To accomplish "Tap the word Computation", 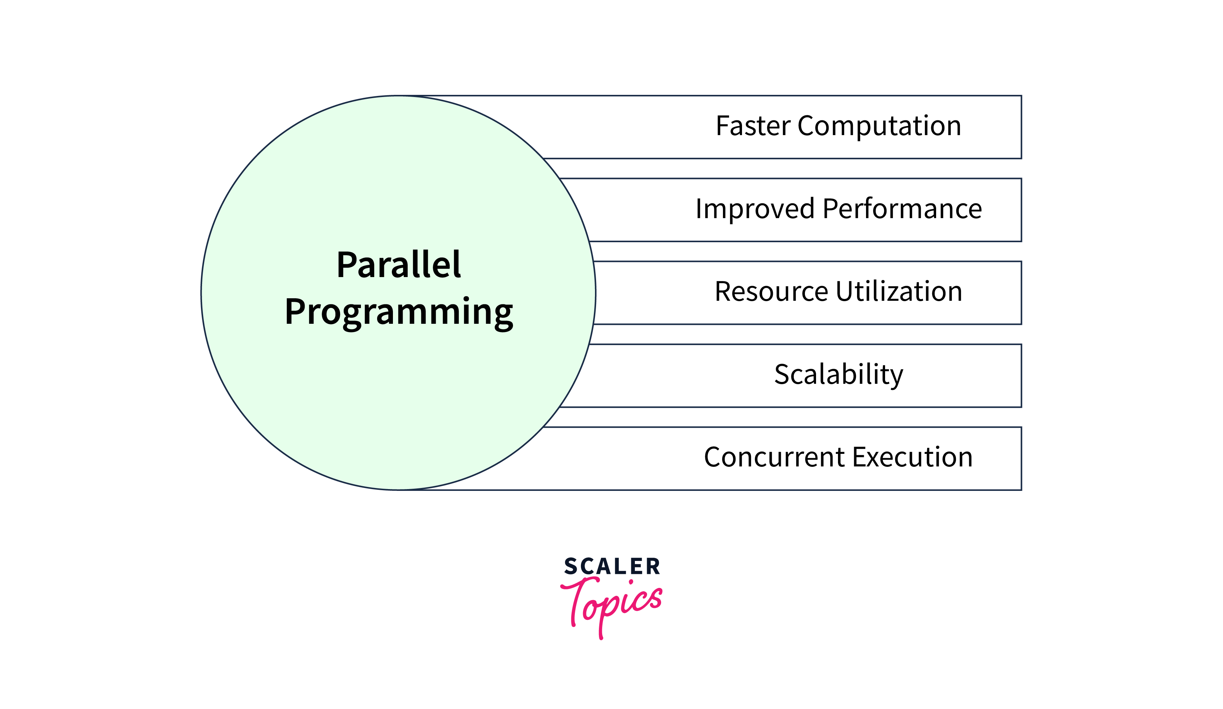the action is [x=879, y=126].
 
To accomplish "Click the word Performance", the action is [x=902, y=209].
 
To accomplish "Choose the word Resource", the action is [x=771, y=292].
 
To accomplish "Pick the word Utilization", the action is [x=899, y=292].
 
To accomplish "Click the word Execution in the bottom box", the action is [x=912, y=457].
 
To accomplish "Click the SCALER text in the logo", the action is [x=611, y=566].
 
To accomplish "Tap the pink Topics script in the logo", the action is [x=611, y=606].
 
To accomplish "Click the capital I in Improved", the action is [x=698, y=209].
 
